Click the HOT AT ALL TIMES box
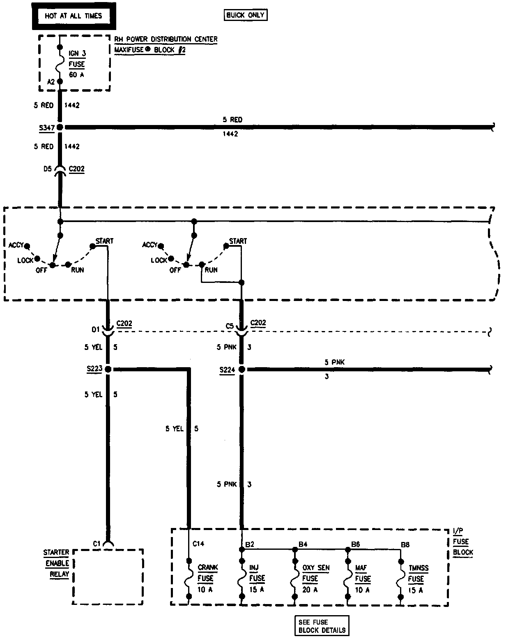click(73, 16)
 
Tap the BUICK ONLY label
click(246, 15)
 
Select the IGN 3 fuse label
click(77, 64)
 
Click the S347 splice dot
click(60, 127)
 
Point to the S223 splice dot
click(108, 369)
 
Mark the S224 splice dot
click(241, 370)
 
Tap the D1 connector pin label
click(95, 329)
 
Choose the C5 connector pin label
click(230, 326)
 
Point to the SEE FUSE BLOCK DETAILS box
click(322, 626)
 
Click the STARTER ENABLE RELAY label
click(57, 563)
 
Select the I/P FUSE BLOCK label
click(462, 542)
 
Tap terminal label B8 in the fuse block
click(405, 545)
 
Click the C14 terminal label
click(198, 544)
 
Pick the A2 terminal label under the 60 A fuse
click(51, 82)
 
